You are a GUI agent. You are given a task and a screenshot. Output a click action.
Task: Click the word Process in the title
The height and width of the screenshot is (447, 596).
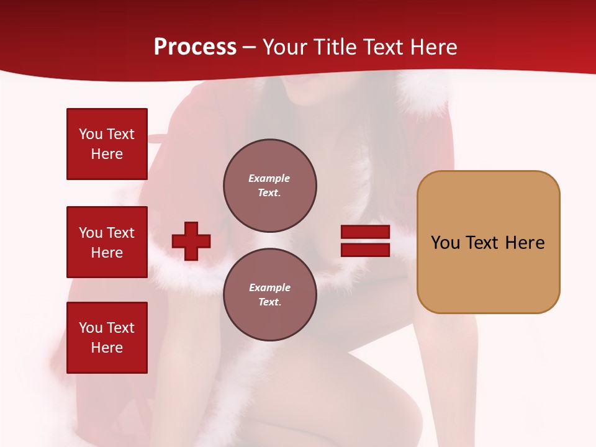pyautogui.click(x=195, y=47)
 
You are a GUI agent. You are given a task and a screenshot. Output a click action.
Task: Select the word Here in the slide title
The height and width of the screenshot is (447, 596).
pyautogui.click(x=431, y=47)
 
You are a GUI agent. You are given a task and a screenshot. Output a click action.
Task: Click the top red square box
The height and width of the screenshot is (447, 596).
pyautogui.click(x=107, y=144)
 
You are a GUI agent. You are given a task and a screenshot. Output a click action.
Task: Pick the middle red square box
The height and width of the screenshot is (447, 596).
pyautogui.click(x=107, y=242)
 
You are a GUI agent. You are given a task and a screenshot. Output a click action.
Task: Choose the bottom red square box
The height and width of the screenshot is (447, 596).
pyautogui.click(x=107, y=338)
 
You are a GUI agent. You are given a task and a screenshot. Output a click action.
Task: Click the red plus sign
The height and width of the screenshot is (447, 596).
pyautogui.click(x=191, y=241)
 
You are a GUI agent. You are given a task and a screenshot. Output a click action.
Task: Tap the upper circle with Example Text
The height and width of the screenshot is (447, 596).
pyautogui.click(x=269, y=185)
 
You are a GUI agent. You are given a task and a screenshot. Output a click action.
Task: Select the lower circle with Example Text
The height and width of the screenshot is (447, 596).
pyautogui.click(x=269, y=294)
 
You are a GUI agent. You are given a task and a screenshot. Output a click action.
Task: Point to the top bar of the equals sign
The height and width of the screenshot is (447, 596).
pyautogui.click(x=365, y=232)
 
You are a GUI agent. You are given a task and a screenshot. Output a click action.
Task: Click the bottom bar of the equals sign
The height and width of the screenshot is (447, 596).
pyautogui.click(x=365, y=250)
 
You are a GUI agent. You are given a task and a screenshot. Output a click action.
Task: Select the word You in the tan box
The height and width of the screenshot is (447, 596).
pyautogui.click(x=445, y=242)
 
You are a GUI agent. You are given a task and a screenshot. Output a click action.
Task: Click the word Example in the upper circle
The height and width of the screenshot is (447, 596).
pyautogui.click(x=269, y=178)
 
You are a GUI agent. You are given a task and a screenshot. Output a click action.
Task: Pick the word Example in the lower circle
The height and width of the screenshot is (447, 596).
pyautogui.click(x=269, y=287)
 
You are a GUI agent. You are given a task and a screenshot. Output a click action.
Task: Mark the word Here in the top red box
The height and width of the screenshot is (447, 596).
pyautogui.click(x=107, y=154)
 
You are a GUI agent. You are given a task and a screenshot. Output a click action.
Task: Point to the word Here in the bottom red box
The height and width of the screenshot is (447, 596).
pyautogui.click(x=107, y=348)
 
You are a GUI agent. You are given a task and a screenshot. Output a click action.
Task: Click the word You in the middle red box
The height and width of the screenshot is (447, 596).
pyautogui.click(x=90, y=233)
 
